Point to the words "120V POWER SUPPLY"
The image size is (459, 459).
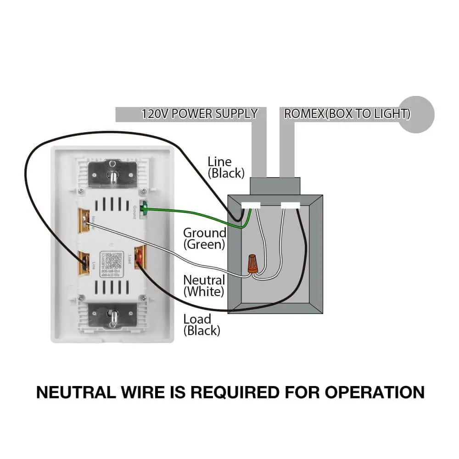tap(199, 114)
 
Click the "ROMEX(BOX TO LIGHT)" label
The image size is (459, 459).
tap(347, 114)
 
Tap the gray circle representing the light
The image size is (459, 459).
tap(416, 114)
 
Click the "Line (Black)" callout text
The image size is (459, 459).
tap(226, 167)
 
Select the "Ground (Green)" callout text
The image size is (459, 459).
tap(204, 238)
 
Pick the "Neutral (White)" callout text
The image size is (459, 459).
tap(204, 285)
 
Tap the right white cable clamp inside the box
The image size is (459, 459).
tap(291, 206)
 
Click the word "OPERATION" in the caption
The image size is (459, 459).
tap(375, 392)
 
